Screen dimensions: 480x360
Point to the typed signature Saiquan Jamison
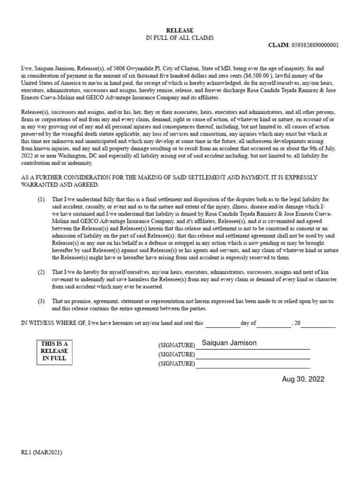click(x=229, y=343)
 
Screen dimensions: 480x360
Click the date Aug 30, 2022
click(x=303, y=379)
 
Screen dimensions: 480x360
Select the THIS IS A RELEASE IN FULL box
click(x=54, y=351)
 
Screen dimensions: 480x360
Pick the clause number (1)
click(x=41, y=199)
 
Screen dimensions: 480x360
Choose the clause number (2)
click(x=41, y=272)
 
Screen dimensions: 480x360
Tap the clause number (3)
click(x=41, y=301)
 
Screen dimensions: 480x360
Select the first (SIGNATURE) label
click(x=177, y=345)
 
